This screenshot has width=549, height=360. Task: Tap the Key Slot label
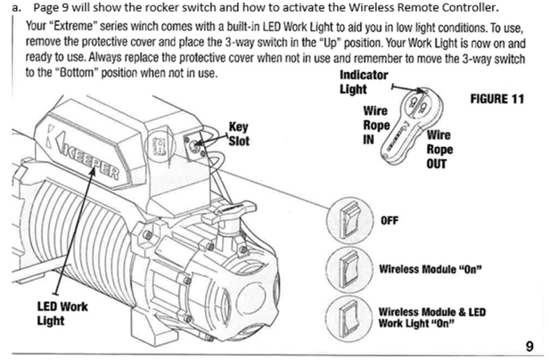click(240, 133)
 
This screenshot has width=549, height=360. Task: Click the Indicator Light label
click(364, 82)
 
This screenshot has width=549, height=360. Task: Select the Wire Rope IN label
click(376, 125)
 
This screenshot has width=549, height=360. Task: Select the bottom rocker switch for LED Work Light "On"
click(348, 316)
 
